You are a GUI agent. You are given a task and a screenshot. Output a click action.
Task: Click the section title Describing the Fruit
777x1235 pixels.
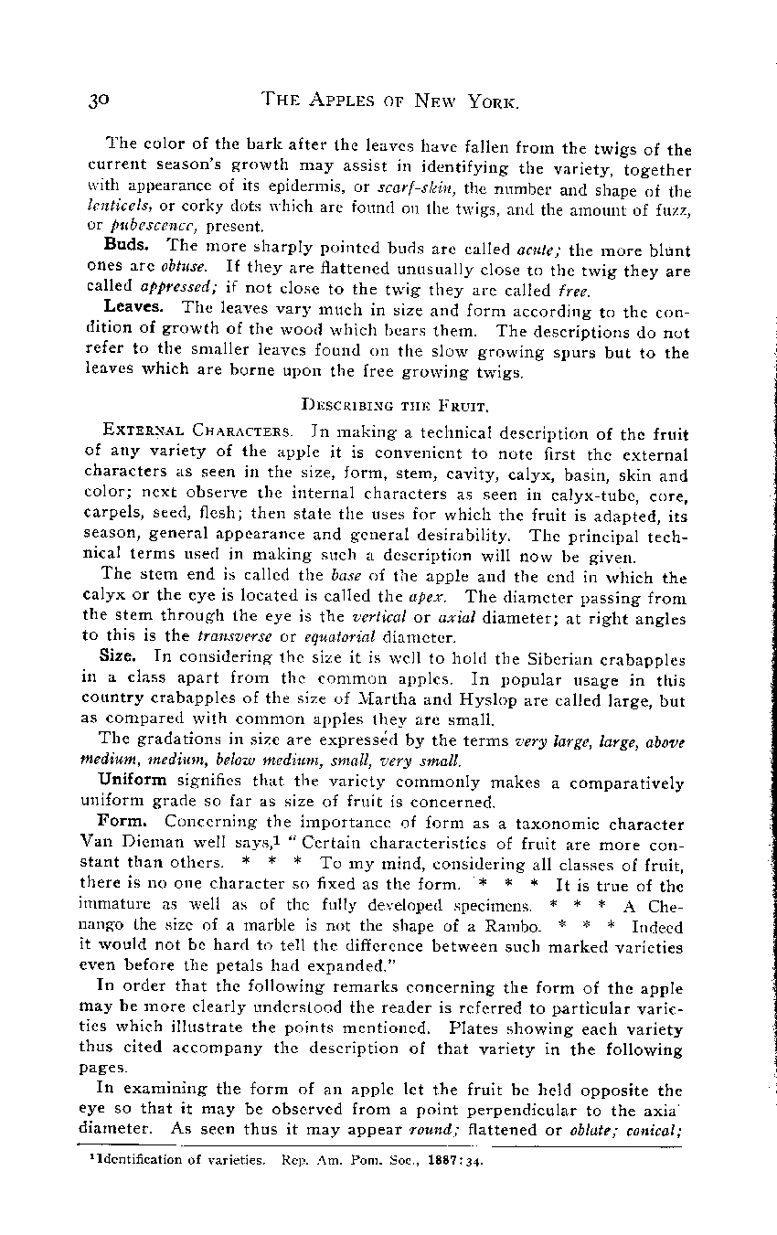click(x=388, y=401)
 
